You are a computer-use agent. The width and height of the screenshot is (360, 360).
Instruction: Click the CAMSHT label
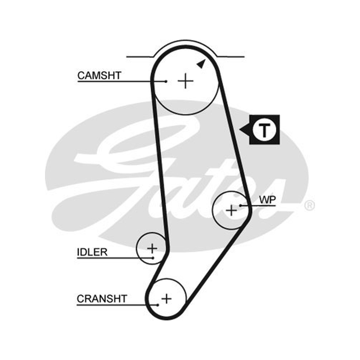click(99, 76)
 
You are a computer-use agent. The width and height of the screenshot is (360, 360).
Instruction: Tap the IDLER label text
click(92, 252)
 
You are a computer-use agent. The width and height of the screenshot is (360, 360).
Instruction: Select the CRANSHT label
click(102, 299)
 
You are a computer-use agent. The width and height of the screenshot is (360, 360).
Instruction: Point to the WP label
click(267, 200)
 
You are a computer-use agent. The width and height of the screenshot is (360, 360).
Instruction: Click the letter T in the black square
click(264, 130)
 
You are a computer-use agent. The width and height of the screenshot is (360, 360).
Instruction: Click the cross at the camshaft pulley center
click(185, 81)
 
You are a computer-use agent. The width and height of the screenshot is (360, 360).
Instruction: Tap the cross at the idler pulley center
click(152, 248)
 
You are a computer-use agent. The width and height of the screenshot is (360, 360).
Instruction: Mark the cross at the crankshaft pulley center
click(166, 299)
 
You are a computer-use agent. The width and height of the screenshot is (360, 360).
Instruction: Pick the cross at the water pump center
click(231, 210)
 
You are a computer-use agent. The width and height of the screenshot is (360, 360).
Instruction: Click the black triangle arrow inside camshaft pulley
click(201, 64)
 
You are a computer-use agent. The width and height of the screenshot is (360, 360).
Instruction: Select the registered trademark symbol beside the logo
click(309, 206)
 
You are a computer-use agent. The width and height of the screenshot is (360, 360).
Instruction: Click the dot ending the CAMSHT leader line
click(166, 81)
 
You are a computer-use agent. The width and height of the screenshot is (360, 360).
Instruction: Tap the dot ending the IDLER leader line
click(153, 258)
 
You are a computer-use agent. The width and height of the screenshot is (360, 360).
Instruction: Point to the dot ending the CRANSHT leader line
click(158, 305)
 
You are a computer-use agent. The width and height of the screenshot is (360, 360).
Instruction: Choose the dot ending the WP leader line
click(240, 205)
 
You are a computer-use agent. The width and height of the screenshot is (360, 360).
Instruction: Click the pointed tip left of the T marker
click(240, 130)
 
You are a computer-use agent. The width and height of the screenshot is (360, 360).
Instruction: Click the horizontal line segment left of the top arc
click(140, 57)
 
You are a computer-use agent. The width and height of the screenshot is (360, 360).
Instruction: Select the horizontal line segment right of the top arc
click(231, 57)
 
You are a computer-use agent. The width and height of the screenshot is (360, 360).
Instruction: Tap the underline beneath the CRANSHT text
click(117, 305)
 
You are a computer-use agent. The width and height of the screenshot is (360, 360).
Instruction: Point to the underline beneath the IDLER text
click(115, 258)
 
